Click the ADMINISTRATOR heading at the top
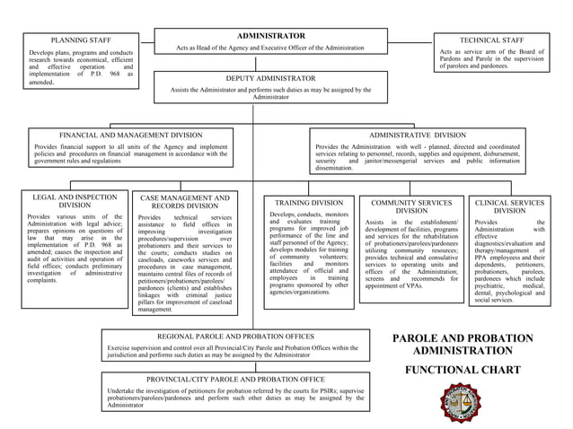coord(270,35)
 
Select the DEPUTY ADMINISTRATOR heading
coord(270,79)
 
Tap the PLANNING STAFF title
coord(81,40)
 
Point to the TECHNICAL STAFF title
coord(491,40)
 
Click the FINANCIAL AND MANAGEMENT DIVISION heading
coord(131,135)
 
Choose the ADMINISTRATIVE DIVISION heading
coord(418,135)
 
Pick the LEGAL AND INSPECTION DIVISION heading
coord(75,201)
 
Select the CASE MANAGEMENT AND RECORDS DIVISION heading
coord(185,202)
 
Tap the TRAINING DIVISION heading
coord(309,203)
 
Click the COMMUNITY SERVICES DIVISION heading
coord(411,207)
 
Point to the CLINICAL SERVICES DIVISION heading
coord(509,207)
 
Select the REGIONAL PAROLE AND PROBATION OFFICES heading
coord(235,336)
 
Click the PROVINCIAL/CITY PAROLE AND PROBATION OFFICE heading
coord(235,379)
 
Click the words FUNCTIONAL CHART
coord(463,370)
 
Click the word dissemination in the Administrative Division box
coord(334,168)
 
